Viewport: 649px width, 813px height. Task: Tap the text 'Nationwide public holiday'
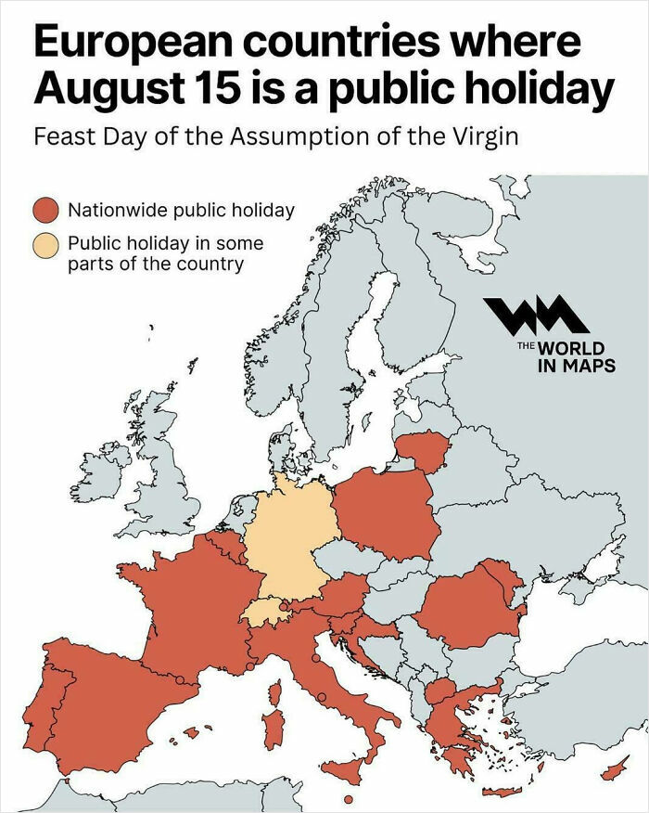[x=181, y=210]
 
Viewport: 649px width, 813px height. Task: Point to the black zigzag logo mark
[x=536, y=316]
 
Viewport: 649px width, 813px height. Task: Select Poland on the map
[x=385, y=515]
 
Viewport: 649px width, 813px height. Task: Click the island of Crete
[x=502, y=792]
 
